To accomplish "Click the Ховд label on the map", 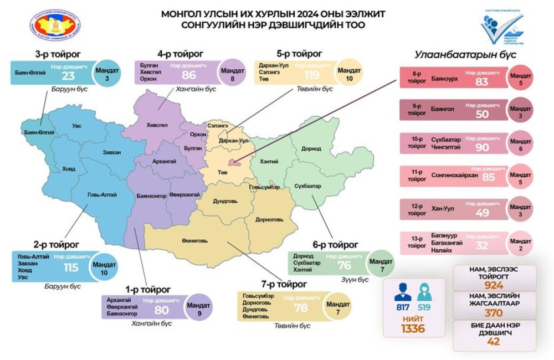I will [x=69, y=168].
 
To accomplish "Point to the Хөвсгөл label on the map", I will [x=158, y=125].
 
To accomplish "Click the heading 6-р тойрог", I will [x=335, y=244].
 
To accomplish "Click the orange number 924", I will [x=494, y=286].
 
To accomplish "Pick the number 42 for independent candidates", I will [x=493, y=341].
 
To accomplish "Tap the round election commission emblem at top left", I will [x=51, y=26].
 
